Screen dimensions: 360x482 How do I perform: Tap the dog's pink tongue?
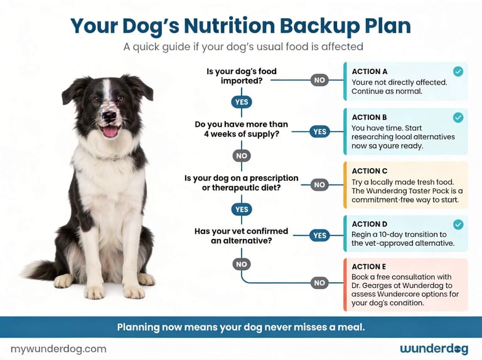coord(109,132)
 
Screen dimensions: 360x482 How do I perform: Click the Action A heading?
coord(370,71)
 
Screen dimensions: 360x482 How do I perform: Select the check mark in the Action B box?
coord(458,117)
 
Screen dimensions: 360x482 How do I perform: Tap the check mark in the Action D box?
coord(458,224)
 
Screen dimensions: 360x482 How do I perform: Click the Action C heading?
coord(370,171)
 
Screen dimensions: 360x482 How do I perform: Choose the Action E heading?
coord(370,267)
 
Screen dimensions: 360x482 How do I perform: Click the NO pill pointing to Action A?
coord(319,80)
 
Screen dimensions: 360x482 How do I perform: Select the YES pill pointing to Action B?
coord(319,131)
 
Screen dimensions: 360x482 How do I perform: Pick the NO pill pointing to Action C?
coord(319,185)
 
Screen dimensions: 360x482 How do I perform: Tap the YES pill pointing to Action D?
coord(319,235)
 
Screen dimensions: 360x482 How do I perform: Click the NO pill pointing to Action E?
coord(319,283)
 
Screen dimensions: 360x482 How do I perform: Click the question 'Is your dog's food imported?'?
coord(242,76)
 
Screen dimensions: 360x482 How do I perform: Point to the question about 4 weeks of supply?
coord(242,129)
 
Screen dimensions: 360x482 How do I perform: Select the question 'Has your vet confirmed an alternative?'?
coord(242,236)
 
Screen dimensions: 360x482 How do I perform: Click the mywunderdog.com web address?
coord(58,349)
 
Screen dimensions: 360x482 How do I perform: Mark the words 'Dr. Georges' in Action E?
coord(375,285)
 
